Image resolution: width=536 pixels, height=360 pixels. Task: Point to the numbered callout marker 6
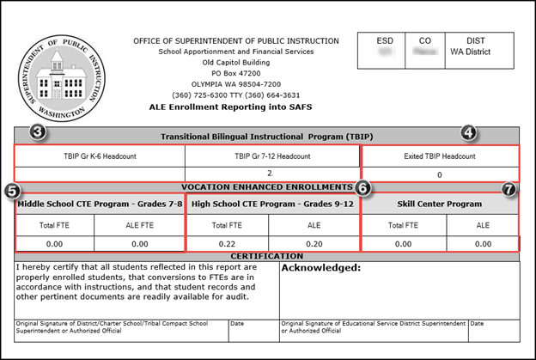(x=363, y=187)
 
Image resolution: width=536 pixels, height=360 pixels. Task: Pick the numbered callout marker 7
(x=509, y=190)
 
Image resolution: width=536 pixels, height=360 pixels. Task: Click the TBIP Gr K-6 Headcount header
(x=100, y=156)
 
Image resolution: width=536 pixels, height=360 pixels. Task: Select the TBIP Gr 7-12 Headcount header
(x=272, y=156)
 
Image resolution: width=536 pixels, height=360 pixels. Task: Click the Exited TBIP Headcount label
(x=439, y=156)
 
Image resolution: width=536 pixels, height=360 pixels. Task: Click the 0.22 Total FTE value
(x=228, y=243)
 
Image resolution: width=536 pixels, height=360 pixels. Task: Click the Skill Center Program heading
(x=439, y=204)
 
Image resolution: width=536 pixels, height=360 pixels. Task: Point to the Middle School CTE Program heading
(x=100, y=204)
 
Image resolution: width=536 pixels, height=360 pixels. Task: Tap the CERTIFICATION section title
(x=266, y=256)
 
